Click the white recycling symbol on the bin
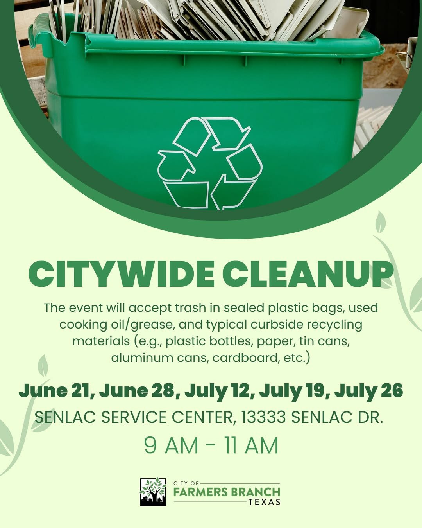210,163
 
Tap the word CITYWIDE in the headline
122,274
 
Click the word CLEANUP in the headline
308,274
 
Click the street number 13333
264,417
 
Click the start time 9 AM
171,445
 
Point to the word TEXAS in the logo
264,502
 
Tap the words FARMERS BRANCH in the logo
227,492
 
